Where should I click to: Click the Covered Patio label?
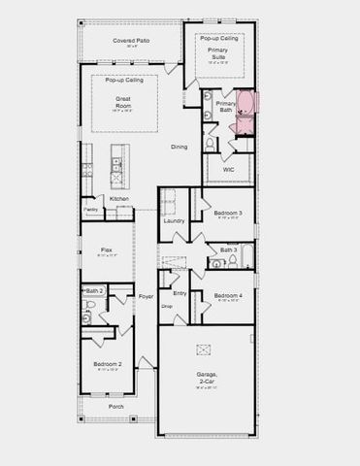pos(129,40)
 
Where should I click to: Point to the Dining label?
pos(180,147)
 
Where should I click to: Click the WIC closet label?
pos(228,170)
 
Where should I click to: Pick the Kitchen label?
pos(118,199)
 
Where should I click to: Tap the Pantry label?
pos(90,209)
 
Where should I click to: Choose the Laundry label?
pos(175,220)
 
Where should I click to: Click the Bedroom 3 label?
pos(228,213)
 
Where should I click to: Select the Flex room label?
pos(107,250)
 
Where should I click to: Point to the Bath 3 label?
pos(228,250)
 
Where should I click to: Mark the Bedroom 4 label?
pos(228,295)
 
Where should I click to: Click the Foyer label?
pos(147,296)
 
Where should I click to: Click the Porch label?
pos(115,406)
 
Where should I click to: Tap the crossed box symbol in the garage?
pos(204,349)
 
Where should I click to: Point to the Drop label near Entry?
pos(167,305)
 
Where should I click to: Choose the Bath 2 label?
pos(94,290)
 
